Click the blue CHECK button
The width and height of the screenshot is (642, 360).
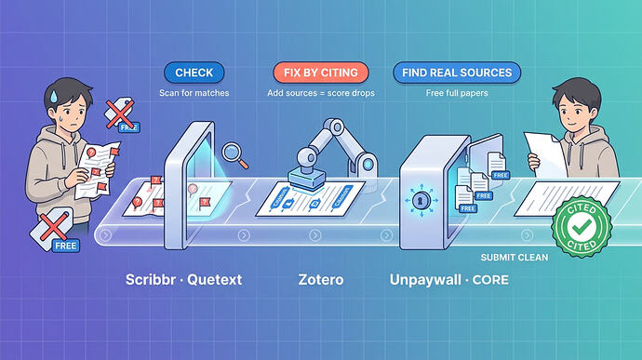[194, 73]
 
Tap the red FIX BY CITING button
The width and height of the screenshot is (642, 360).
[321, 73]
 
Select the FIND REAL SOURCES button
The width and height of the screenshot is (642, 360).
[457, 73]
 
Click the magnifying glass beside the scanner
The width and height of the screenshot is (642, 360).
[234, 154]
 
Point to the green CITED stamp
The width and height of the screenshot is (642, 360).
[582, 226]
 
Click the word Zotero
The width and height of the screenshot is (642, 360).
[321, 280]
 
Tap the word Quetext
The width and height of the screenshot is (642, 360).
[215, 280]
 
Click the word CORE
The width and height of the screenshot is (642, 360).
[490, 280]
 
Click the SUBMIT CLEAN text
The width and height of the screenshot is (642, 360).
[515, 257]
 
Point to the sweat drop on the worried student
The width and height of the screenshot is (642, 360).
[53, 96]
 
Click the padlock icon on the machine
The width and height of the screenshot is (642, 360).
[420, 201]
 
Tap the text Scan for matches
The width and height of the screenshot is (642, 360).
[194, 93]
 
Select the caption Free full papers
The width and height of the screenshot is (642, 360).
[457, 93]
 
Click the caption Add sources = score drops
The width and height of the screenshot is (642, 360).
[321, 93]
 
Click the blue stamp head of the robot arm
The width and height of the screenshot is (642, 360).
[307, 179]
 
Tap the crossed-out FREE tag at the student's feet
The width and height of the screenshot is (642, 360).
[55, 230]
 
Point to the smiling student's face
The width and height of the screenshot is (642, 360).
[574, 111]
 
